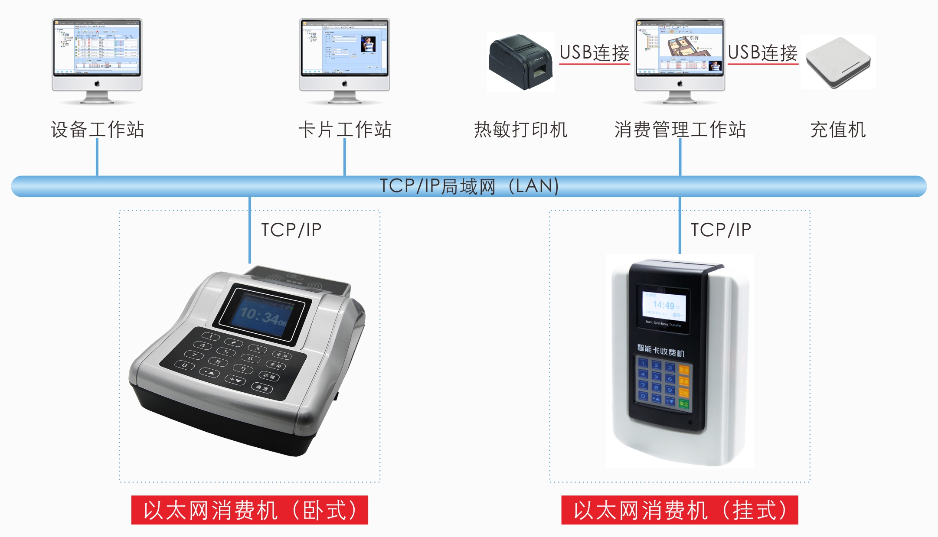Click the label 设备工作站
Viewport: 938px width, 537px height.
97,130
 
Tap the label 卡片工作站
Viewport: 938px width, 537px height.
345,130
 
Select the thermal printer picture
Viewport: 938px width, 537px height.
520,62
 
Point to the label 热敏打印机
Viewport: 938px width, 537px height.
520,130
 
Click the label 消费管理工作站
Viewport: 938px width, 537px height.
680,130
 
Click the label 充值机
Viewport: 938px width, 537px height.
838,130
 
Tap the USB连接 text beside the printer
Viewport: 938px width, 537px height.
594,53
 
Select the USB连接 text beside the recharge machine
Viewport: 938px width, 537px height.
762,53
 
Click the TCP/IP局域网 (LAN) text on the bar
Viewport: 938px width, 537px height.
469,186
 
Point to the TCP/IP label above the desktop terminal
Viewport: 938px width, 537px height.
291,230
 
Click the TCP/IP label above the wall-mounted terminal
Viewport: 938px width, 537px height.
721,230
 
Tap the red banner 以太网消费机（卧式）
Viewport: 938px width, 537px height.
250,510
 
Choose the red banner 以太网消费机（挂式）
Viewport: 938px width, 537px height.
680,510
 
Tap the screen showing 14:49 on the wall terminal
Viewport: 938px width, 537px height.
663,306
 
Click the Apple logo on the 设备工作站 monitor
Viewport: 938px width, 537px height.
97,83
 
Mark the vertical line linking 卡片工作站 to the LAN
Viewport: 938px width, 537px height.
344,157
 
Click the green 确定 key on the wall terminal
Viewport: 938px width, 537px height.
684,404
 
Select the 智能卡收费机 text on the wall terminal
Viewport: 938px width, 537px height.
660,350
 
